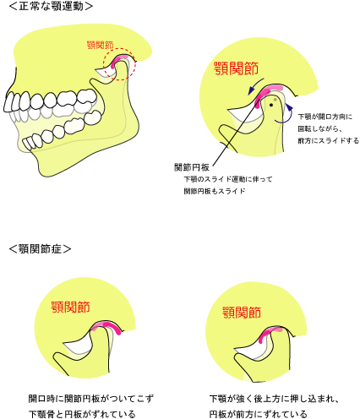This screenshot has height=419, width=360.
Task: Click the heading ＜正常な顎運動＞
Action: coord(51,6)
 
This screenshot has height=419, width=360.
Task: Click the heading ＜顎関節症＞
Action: coord(40,249)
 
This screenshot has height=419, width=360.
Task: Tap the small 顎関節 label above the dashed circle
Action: coord(101,45)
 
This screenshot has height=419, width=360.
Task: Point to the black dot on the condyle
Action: coord(271,105)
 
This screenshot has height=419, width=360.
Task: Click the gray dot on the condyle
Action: coord(275,100)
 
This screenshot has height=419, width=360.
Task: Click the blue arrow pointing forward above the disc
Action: coord(255,87)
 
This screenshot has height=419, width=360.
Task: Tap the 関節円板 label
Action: coord(192,167)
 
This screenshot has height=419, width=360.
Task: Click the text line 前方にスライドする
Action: coord(329,140)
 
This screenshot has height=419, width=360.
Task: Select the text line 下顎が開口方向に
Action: coord(325,117)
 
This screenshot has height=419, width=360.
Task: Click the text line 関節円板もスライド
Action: coord(215,191)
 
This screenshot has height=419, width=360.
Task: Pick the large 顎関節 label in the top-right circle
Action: coord(236,68)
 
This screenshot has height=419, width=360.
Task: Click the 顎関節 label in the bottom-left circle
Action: coord(71,307)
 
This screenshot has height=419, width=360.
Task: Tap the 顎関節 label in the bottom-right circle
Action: coord(242,313)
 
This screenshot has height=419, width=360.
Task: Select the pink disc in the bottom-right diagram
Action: coord(270,333)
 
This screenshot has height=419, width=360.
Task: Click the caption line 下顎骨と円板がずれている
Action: coord(82,414)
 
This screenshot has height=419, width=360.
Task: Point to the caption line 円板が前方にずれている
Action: coord(258,414)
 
